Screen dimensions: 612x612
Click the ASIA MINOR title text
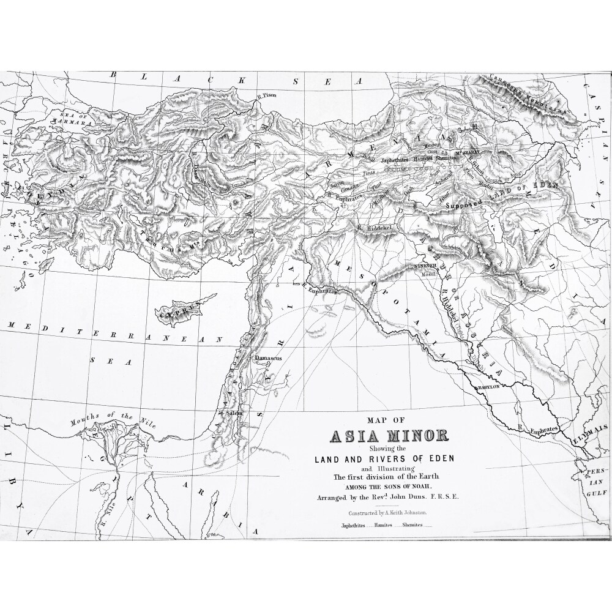pos(389,437)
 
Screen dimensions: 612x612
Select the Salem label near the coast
pos(235,414)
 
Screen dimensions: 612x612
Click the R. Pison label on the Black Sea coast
pos(267,95)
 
